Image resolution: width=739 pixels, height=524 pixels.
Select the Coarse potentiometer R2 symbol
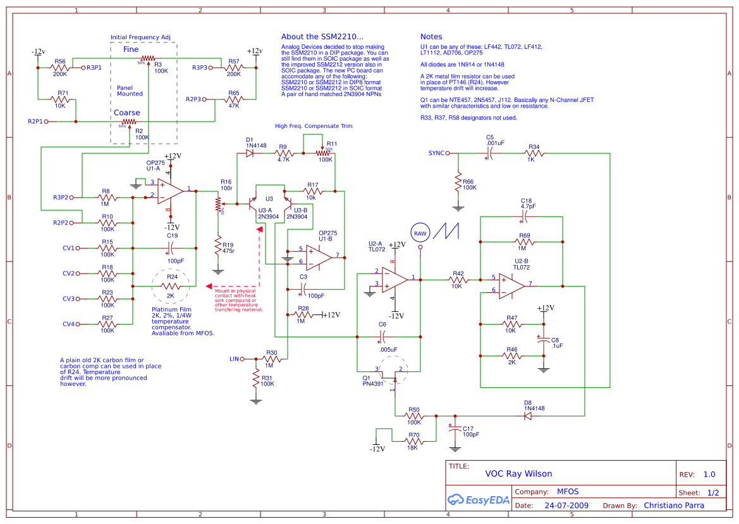[129, 121]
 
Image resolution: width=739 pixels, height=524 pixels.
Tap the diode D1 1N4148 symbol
[250, 153]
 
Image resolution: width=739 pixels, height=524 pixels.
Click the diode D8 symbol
[527, 416]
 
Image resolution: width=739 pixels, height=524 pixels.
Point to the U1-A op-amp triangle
[170, 190]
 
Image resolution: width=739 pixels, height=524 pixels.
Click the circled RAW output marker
[420, 234]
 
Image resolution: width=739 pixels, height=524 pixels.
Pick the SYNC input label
[436, 153]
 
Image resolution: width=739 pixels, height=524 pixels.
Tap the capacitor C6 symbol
[382, 337]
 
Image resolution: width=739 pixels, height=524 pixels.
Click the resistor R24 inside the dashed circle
[170, 286]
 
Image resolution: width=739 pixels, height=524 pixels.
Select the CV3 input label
[68, 299]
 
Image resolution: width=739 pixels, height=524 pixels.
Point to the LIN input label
[235, 359]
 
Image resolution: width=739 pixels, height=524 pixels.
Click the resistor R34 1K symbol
[534, 153]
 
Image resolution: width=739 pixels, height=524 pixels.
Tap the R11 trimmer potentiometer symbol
[324, 153]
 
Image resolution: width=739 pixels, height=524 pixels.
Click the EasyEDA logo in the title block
[478, 499]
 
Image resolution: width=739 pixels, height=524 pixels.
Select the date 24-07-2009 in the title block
[566, 506]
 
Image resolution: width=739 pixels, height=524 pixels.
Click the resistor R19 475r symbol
[218, 246]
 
